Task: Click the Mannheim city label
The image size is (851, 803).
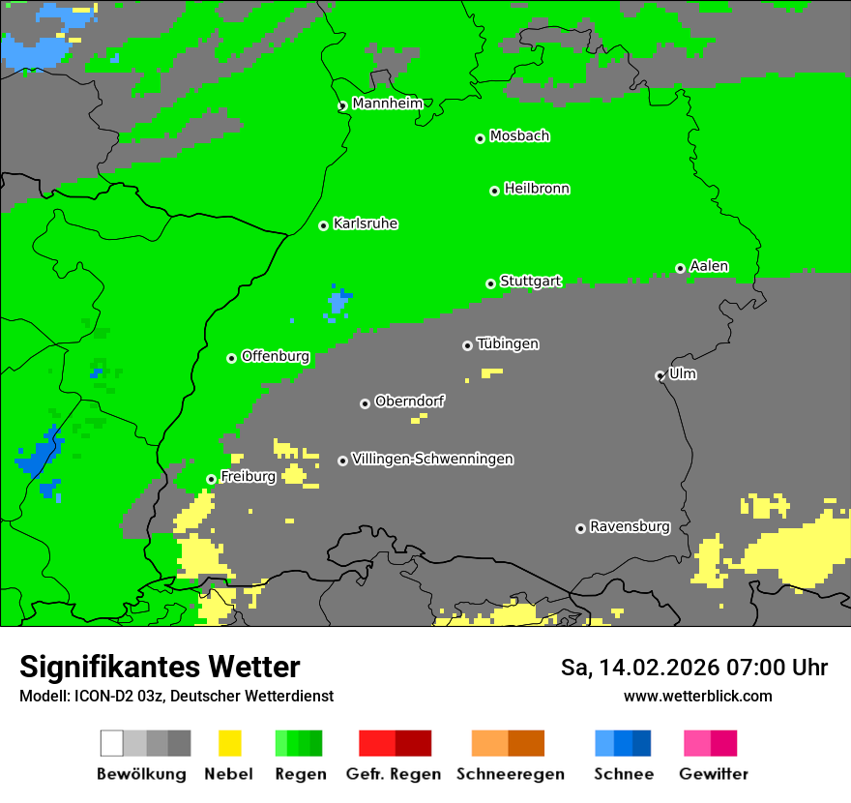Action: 387,104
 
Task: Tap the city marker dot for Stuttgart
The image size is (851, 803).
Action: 490,283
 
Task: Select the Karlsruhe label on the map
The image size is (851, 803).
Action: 365,223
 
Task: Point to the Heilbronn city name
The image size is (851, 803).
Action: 537,189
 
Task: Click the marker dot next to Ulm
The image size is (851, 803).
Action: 660,375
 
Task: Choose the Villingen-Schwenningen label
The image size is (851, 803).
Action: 432,459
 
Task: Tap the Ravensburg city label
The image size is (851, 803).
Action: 630,526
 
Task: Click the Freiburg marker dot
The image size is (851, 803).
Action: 211,479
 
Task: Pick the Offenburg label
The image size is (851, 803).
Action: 276,356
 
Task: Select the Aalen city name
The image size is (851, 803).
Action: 709,266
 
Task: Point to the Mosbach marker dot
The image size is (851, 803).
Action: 480,138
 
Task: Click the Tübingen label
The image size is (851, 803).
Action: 508,343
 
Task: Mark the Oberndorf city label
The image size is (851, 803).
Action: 409,401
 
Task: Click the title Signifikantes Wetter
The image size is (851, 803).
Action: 160,667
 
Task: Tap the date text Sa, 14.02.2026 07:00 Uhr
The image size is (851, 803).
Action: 693,668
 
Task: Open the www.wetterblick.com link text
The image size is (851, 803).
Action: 697,696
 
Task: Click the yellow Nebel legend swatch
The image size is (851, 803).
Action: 229,743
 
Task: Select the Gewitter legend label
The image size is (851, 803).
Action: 713,774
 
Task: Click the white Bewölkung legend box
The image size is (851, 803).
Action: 112,743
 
